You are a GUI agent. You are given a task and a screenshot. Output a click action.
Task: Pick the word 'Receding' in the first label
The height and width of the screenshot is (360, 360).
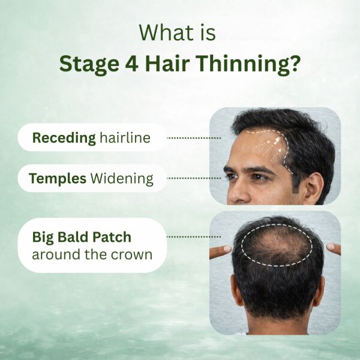click(64, 138)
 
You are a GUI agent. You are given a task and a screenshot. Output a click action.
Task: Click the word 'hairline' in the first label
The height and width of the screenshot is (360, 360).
click(125, 138)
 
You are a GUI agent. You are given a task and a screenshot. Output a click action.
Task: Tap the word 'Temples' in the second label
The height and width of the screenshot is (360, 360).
click(58, 178)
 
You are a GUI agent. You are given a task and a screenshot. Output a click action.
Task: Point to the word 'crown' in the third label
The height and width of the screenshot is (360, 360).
click(131, 254)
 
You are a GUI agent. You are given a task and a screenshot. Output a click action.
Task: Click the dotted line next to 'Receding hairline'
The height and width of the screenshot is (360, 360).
click(193, 137)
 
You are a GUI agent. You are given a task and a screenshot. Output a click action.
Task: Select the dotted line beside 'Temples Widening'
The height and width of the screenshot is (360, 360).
click(193, 178)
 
